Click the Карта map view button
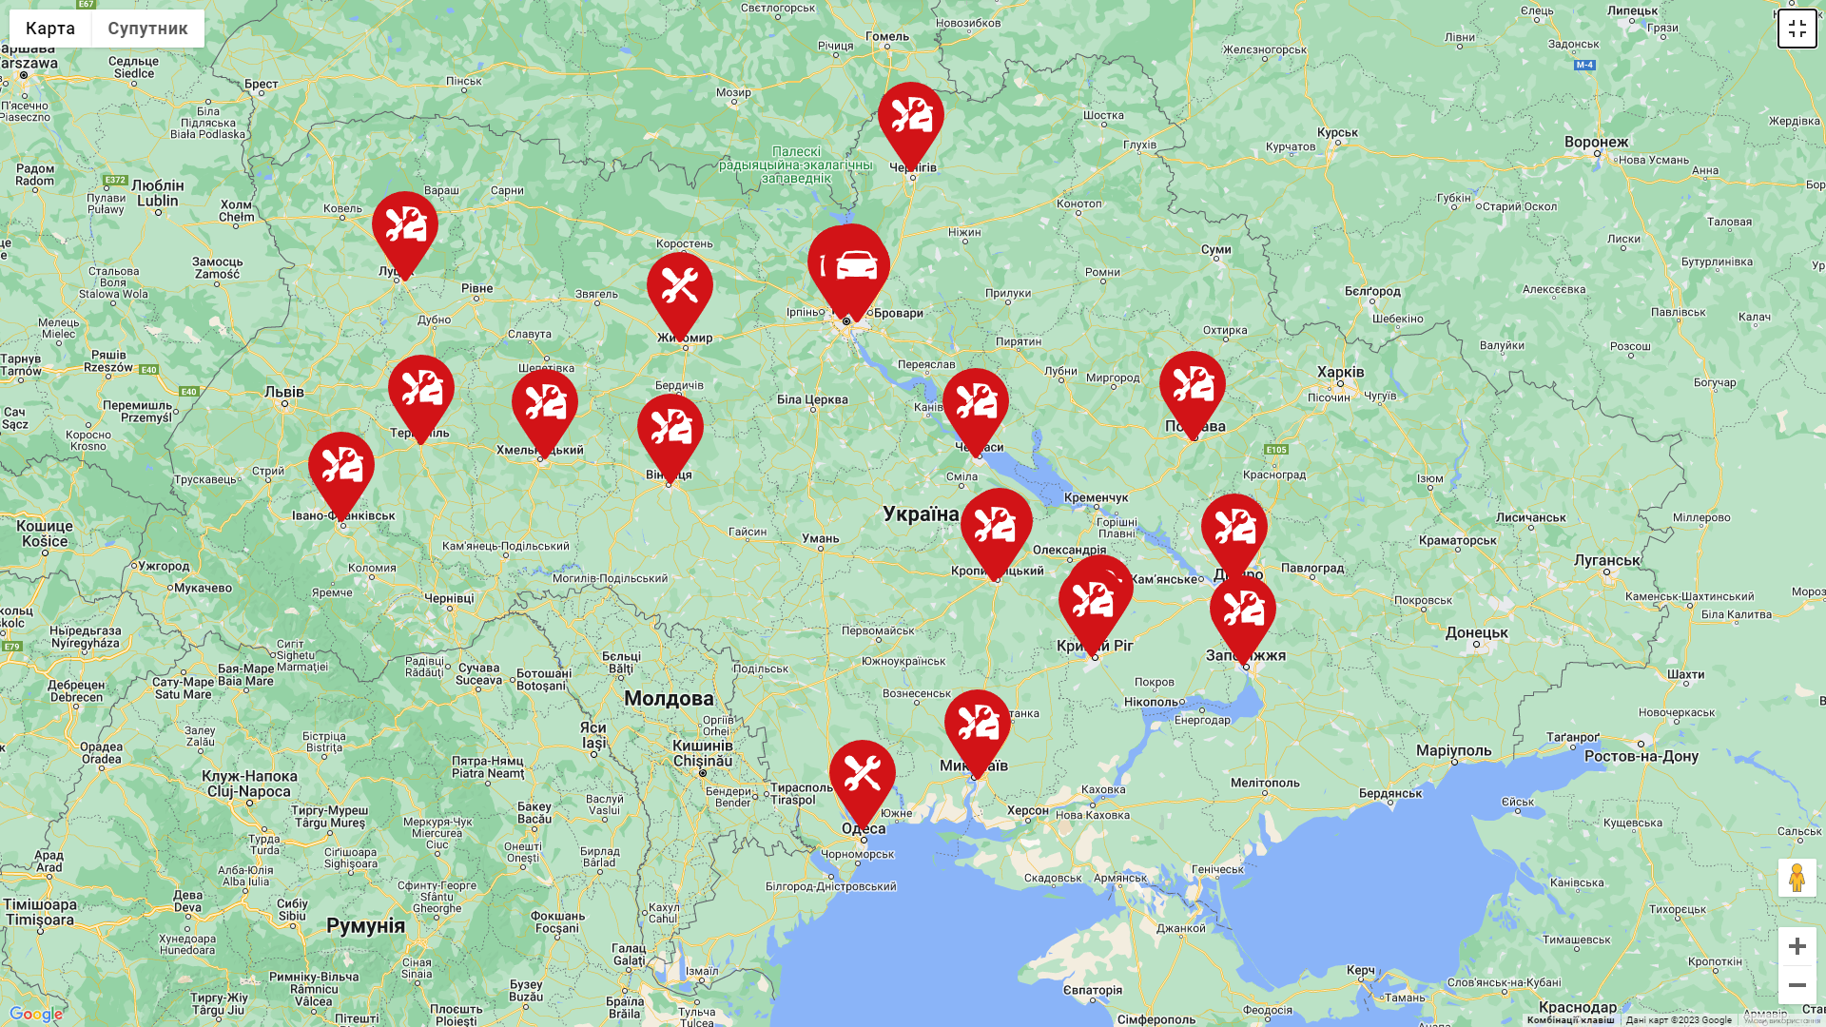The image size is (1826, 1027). [x=50, y=29]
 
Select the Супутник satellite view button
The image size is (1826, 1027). [x=147, y=29]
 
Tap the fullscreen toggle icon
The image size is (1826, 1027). [x=1797, y=29]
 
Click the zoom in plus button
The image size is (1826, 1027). [x=1797, y=946]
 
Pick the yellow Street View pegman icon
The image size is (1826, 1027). [x=1797, y=878]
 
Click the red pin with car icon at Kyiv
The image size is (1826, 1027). [x=854, y=266]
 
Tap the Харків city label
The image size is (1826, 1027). [x=1340, y=372]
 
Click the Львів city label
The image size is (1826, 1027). [x=284, y=392]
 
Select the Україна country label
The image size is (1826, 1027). [x=921, y=514]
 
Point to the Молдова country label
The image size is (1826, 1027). [x=669, y=699]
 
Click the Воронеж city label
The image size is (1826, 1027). [x=1596, y=143]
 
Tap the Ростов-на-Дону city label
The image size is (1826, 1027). [x=1641, y=757]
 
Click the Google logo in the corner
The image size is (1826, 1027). [x=35, y=1014]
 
